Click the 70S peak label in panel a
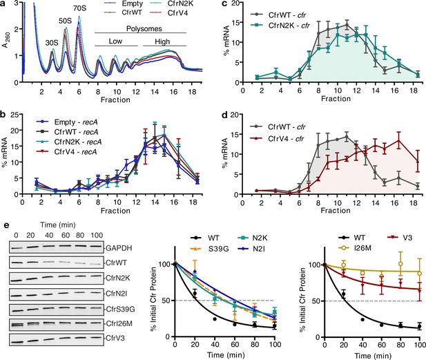click(x=79, y=8)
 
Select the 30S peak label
click(x=52, y=43)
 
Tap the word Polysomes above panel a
click(x=144, y=28)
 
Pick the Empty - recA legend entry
click(x=67, y=122)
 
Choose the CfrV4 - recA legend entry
click(x=67, y=152)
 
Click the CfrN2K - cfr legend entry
click(x=280, y=26)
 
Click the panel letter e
click(x=7, y=225)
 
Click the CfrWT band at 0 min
click(x=16, y=263)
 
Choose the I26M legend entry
click(x=356, y=248)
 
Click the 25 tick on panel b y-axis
click(x=14, y=115)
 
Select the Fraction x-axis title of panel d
click(x=336, y=211)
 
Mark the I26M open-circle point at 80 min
click(x=400, y=264)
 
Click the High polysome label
click(x=162, y=41)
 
